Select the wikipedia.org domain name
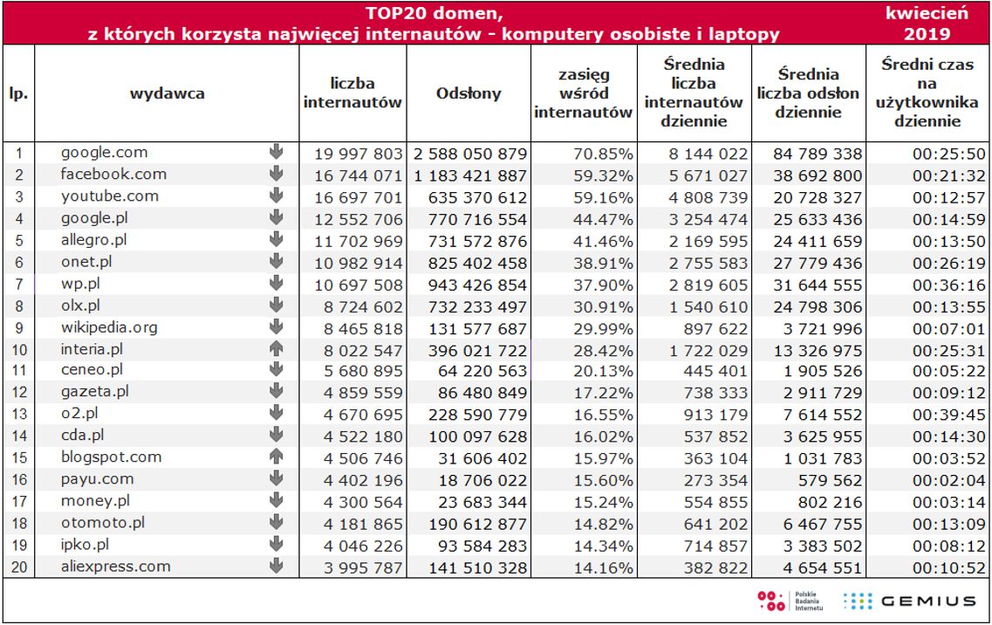pos(110,326)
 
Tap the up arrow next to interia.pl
pos(277,348)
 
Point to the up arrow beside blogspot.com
pos(277,457)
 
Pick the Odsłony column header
pos(469,94)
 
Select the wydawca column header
pos(167,94)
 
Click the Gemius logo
pos(908,601)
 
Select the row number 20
pos(18,567)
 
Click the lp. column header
pos(18,94)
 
